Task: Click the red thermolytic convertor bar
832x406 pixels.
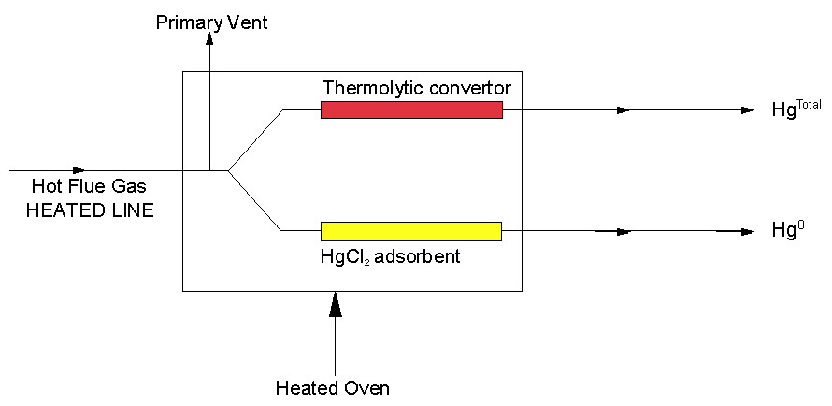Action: click(411, 110)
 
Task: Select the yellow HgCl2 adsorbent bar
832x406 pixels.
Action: click(411, 231)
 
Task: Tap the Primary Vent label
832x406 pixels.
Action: click(211, 22)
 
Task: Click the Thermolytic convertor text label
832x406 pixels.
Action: click(417, 88)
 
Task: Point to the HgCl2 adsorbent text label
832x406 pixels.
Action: click(391, 255)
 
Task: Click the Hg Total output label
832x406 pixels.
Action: click(796, 109)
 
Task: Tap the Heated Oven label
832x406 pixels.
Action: click(333, 387)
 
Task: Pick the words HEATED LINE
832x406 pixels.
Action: click(90, 210)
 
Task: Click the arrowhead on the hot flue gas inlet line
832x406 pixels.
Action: click(78, 170)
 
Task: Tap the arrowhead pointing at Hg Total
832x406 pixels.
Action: click(746, 110)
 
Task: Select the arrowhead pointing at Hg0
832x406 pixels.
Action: click(746, 231)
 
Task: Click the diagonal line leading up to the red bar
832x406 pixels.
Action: click(255, 139)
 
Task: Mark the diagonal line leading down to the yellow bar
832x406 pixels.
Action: click(255, 200)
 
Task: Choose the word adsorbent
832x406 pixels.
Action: click(421, 255)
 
